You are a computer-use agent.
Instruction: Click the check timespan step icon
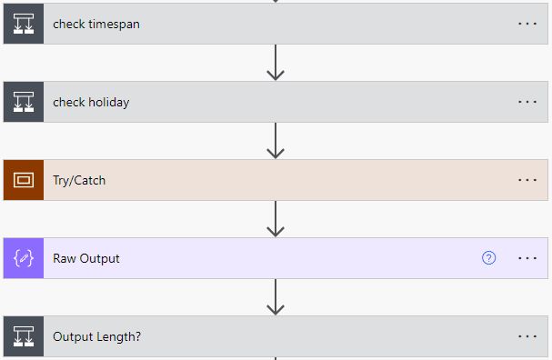pos(24,24)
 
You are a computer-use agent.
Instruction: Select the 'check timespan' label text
pos(96,25)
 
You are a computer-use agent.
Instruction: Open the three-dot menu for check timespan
pos(527,24)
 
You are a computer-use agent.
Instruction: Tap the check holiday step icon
pos(24,102)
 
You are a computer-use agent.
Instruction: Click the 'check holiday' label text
pos(91,103)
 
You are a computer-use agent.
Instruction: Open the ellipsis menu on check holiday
pos(527,102)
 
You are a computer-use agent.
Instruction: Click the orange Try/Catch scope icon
pos(24,180)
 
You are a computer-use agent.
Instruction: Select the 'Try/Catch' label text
pos(79,181)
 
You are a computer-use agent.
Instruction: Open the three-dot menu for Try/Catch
pos(527,180)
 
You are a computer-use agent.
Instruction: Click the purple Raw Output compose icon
pos(24,258)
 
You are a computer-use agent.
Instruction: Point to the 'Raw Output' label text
pos(86,259)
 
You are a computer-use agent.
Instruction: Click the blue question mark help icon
pos(488,258)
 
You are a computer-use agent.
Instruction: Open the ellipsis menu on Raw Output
pos(527,258)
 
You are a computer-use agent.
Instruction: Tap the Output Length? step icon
pos(24,336)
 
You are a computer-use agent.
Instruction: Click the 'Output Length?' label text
pos(96,336)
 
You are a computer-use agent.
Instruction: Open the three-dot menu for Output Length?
pos(527,336)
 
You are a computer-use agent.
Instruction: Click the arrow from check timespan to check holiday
pos(276,63)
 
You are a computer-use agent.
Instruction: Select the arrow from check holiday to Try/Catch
pos(276,141)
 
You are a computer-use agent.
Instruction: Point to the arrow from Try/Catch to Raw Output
pos(276,219)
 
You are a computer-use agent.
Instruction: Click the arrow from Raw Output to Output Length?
pos(276,297)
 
